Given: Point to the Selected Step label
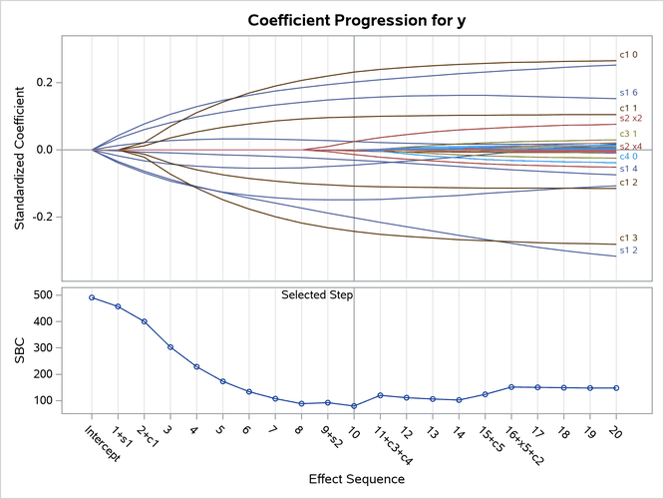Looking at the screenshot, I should [x=317, y=295].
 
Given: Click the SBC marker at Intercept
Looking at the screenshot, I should [x=92, y=297].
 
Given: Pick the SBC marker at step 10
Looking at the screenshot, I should [x=354, y=406].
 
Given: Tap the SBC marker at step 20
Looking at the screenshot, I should [x=615, y=387].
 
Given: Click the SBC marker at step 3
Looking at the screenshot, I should [x=170, y=347].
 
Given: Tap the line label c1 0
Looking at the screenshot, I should [x=628, y=54].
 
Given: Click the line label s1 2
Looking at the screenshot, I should [x=628, y=250].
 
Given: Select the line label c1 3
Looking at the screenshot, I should [x=628, y=238].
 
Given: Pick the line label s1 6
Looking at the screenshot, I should [x=628, y=93].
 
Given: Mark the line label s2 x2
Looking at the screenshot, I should [x=631, y=119].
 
